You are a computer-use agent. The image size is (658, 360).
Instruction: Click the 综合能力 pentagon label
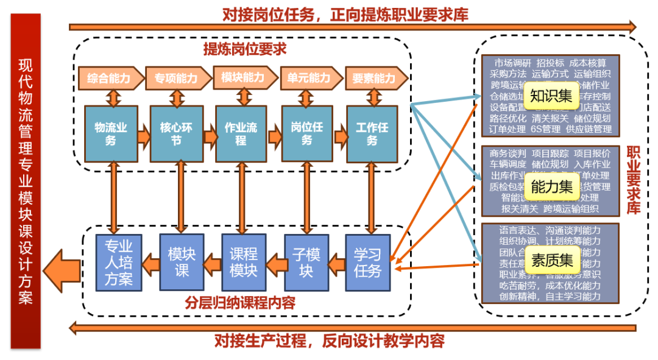pos(110,79)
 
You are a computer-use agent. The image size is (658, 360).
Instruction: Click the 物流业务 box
pos(110,134)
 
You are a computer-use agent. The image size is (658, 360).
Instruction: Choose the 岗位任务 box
pos(307,134)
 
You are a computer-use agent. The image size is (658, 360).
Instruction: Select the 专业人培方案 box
pos(118,263)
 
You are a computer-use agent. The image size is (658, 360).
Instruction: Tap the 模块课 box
pos(182,263)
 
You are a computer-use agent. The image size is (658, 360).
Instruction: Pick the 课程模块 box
pos(244,263)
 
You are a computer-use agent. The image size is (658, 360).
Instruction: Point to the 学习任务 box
pos(368,263)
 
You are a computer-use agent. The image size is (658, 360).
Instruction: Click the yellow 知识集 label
pos(550,96)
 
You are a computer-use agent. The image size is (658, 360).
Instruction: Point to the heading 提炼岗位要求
pos(244,49)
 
